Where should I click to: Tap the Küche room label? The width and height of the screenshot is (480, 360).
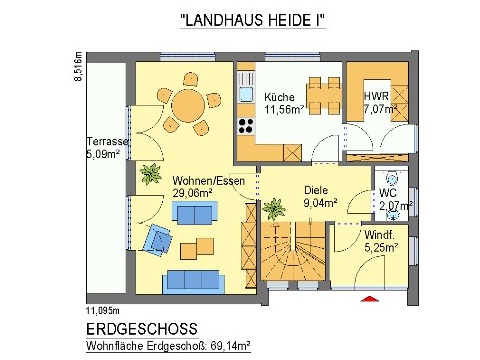pyautogui.click(x=280, y=97)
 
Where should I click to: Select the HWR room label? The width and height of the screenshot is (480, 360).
pyautogui.click(x=377, y=96)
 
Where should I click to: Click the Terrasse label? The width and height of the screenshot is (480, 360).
pyautogui.click(x=104, y=142)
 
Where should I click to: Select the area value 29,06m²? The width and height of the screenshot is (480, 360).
pyautogui.click(x=194, y=192)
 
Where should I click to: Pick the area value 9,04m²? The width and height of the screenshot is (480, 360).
pyautogui.click(x=320, y=201)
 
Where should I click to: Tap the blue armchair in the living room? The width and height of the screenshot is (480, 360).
pyautogui.click(x=158, y=238)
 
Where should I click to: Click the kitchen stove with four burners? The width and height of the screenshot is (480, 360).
pyautogui.click(x=245, y=126)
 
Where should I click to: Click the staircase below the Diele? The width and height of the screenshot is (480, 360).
pyautogui.click(x=296, y=254)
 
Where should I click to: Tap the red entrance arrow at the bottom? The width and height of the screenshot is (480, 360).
pyautogui.click(x=362, y=298)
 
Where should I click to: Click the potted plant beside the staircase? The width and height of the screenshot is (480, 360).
pyautogui.click(x=270, y=209)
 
